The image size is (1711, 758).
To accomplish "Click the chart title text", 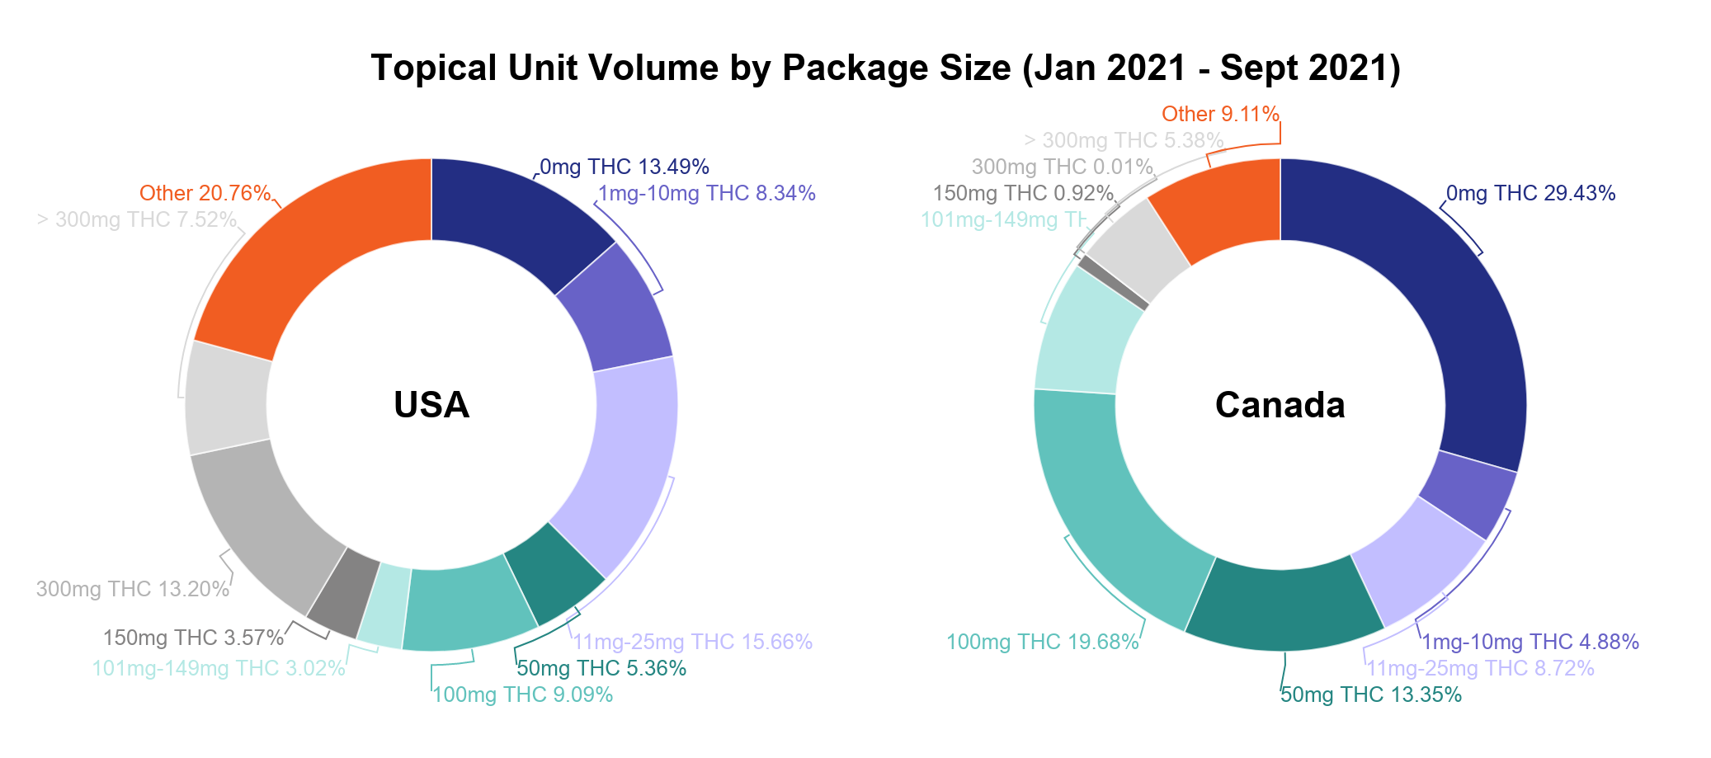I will [x=885, y=68].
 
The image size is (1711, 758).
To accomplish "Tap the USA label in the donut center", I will [x=431, y=405].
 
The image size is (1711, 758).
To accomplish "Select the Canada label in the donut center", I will [x=1280, y=405].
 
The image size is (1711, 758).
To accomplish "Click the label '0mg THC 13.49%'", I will [x=625, y=167].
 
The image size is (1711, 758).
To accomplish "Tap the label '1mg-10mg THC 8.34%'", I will [x=706, y=194].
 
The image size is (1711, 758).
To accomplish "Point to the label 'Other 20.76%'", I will [x=205, y=194].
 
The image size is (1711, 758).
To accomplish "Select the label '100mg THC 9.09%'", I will [x=523, y=695].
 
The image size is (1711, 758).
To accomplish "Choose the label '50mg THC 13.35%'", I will [x=1370, y=695].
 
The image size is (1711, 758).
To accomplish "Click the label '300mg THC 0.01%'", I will [x=1062, y=167].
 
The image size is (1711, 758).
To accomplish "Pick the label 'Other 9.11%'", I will [x=1220, y=115].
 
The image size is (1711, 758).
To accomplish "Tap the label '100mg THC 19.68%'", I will [x=1042, y=643].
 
